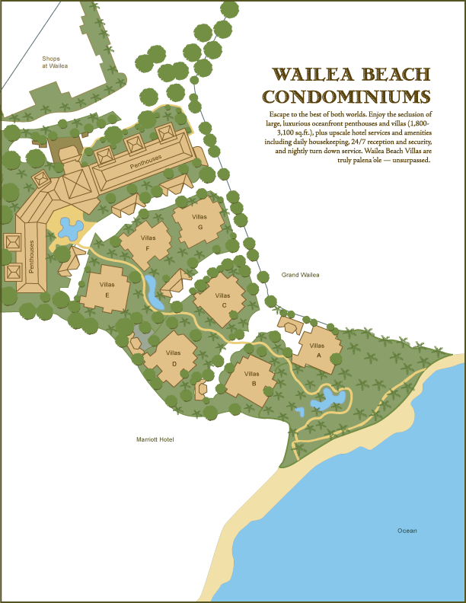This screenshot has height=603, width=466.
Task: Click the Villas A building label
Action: pyautogui.click(x=316, y=350)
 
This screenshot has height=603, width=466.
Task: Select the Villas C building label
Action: pyautogui.click(x=222, y=300)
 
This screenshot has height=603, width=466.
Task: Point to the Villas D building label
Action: pyautogui.click(x=174, y=358)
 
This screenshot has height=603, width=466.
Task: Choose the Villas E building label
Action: pyautogui.click(x=107, y=289)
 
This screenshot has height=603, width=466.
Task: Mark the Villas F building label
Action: pyautogui.click(x=148, y=243)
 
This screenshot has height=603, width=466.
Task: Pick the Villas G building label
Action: pyautogui.click(x=200, y=222)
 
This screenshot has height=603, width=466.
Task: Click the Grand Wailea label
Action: pyautogui.click(x=300, y=275)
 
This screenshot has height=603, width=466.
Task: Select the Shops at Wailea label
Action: pyautogui.click(x=55, y=62)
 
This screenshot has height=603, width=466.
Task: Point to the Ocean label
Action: pyautogui.click(x=407, y=531)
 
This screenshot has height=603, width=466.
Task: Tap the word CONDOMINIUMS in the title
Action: pyautogui.click(x=346, y=97)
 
